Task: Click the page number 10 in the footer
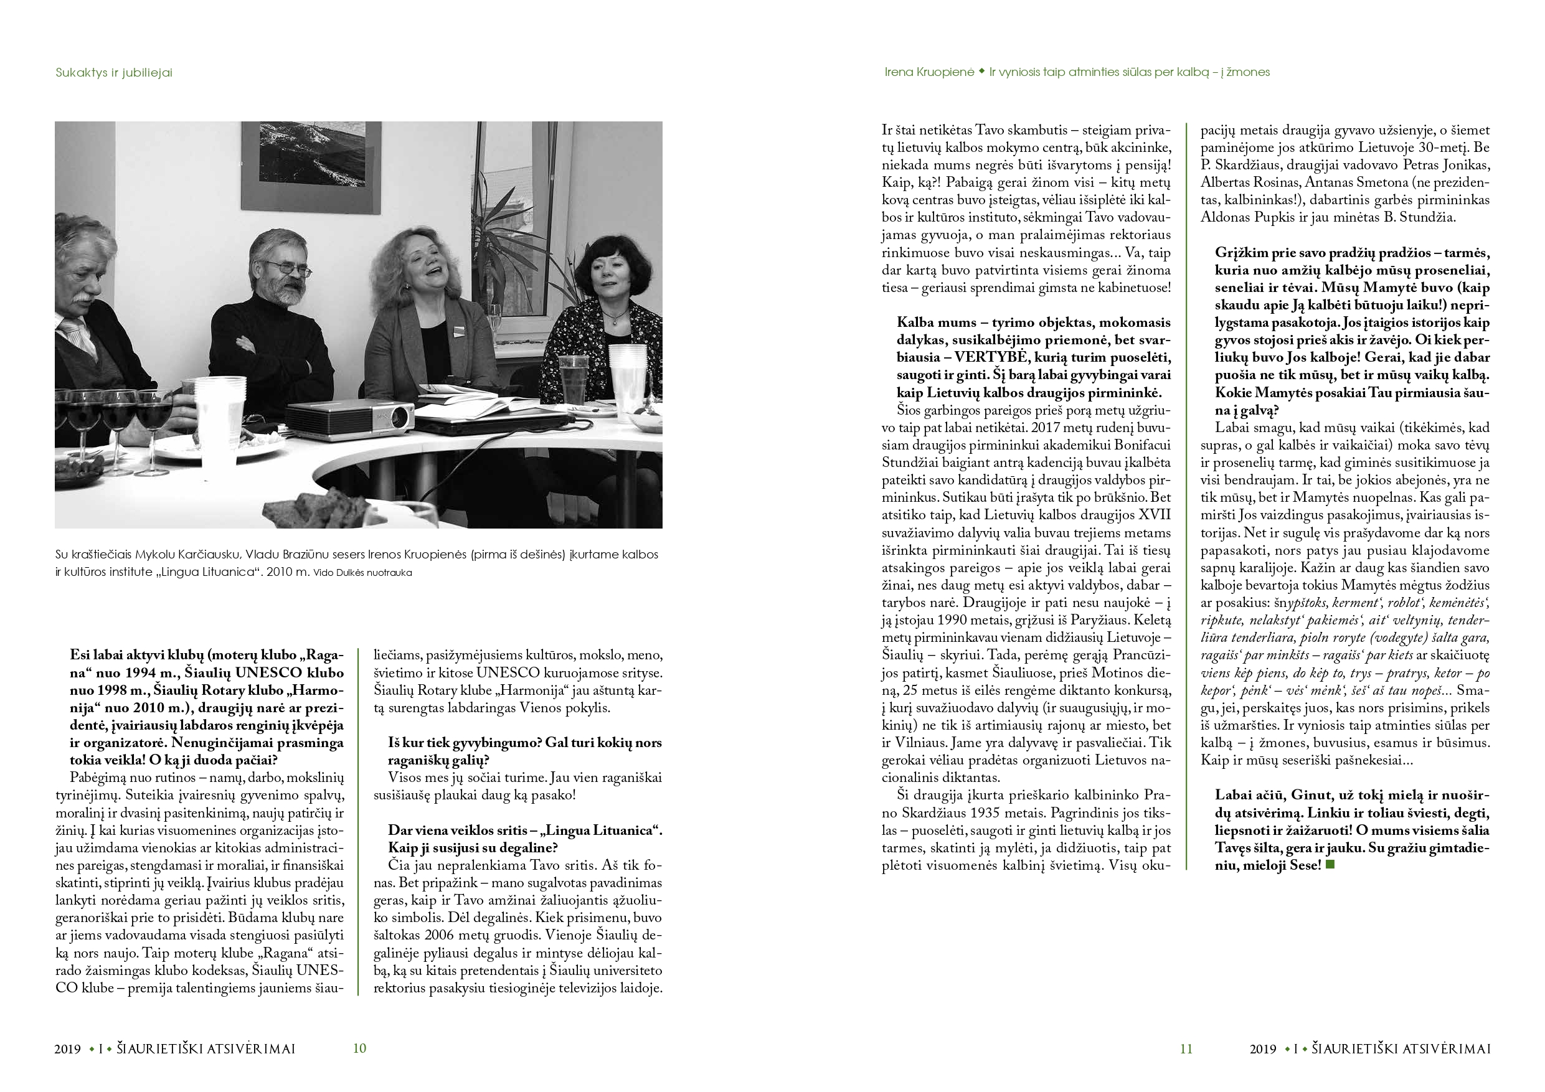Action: (x=359, y=1048)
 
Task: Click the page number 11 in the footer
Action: (x=1186, y=1048)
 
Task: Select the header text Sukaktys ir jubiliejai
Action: (x=114, y=73)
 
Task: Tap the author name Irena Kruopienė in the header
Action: (x=928, y=72)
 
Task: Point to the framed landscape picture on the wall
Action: (x=312, y=155)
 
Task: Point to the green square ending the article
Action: (x=1330, y=865)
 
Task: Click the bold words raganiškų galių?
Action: (x=438, y=760)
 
